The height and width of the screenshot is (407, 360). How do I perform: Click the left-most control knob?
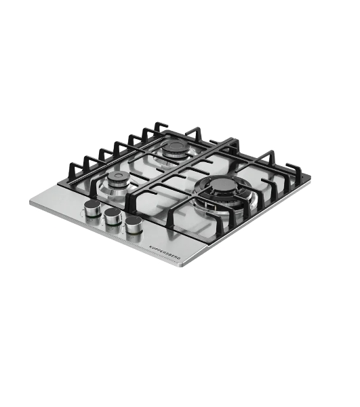click(93, 208)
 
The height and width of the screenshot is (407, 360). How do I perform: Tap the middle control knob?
click(113, 216)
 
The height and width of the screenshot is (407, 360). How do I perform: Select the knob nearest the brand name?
click(134, 225)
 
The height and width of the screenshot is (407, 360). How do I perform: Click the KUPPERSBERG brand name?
click(165, 252)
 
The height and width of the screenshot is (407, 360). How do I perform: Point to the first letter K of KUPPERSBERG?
click(151, 246)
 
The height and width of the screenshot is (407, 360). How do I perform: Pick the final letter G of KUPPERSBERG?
click(179, 258)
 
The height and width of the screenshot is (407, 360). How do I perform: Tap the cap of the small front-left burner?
click(118, 176)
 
